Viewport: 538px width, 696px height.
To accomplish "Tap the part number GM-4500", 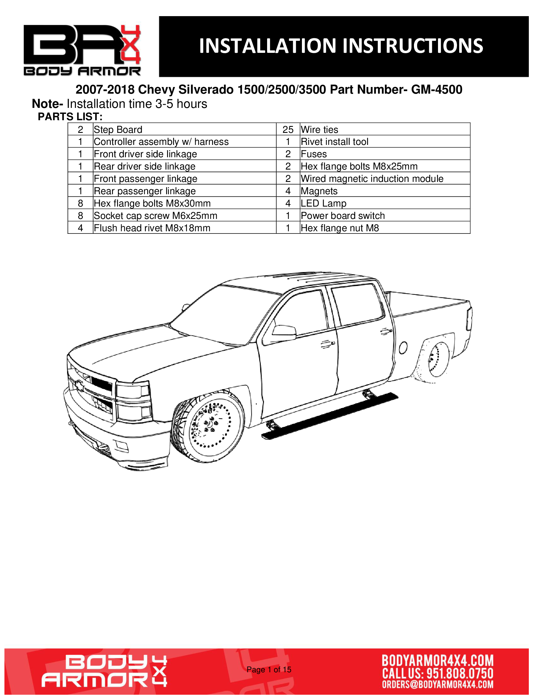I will pos(436,90).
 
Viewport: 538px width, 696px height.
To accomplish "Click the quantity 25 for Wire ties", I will pos(288,129).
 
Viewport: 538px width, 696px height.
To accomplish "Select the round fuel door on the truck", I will pos(403,347).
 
